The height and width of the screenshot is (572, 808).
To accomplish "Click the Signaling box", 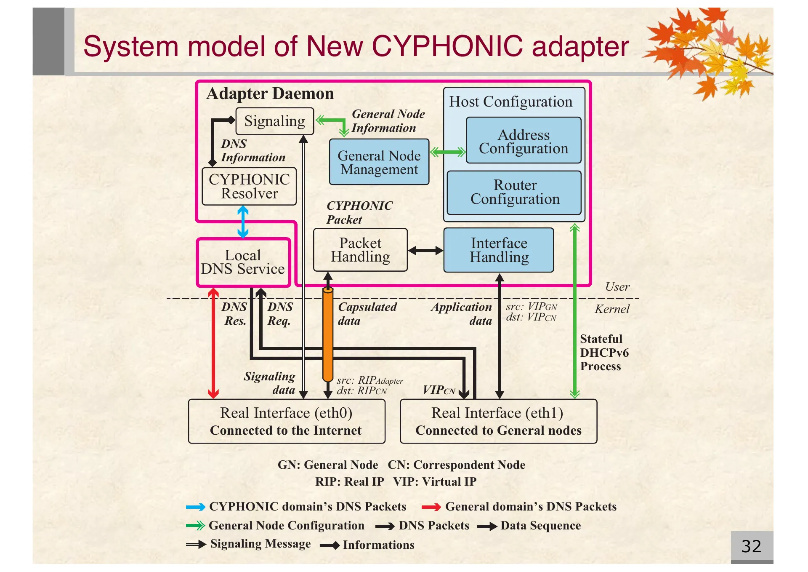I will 274,121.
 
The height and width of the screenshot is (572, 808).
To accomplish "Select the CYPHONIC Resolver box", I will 249,186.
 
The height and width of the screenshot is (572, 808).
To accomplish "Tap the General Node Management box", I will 379,162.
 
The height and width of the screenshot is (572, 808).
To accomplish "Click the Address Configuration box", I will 524,141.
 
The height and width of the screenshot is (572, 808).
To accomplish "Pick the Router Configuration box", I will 514,192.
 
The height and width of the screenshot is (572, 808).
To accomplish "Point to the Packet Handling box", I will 360,250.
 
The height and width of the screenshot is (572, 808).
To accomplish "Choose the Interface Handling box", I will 499,250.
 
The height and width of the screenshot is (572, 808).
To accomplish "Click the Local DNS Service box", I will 243,262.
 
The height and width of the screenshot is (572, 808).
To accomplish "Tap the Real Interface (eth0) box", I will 286,421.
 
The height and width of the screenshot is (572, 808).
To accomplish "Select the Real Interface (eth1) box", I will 498,421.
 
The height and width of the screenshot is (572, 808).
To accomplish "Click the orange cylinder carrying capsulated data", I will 328,335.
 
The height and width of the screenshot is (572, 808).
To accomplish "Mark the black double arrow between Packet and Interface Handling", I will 425,251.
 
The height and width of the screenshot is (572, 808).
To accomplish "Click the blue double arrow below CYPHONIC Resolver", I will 243,222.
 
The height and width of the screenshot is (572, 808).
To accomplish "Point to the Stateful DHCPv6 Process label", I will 603,353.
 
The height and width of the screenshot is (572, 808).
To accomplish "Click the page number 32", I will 751,546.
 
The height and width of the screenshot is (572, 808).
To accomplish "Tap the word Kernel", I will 611,309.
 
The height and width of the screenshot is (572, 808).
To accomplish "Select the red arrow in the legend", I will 431,507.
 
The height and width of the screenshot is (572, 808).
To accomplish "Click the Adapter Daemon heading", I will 270,94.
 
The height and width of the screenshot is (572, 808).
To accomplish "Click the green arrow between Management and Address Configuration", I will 448,152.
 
